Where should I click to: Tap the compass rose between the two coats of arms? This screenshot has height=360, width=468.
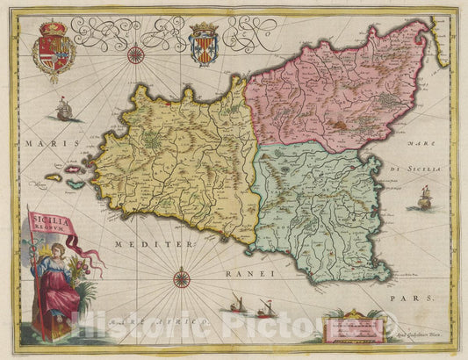click(x=136, y=56)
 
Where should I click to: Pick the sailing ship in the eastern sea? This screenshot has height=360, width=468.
click(x=421, y=198)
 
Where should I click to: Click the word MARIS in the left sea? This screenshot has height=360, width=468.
click(x=41, y=142)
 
